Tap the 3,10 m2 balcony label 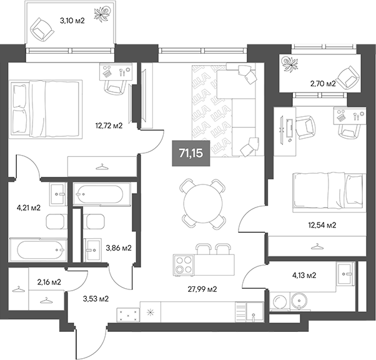click(x=72, y=21)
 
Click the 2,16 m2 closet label click(x=49, y=282)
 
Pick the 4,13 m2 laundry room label click(x=304, y=275)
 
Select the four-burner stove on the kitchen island click(x=184, y=265)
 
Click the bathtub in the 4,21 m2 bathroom click(x=41, y=251)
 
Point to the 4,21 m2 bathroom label click(x=28, y=207)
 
